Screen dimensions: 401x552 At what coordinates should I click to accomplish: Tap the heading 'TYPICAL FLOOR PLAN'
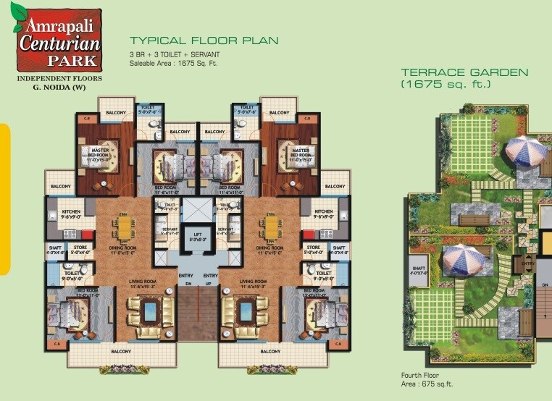coord(204,41)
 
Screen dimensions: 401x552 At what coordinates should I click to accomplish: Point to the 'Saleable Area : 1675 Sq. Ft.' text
coord(173,64)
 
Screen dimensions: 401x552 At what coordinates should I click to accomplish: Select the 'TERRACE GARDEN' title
coord(464,72)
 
